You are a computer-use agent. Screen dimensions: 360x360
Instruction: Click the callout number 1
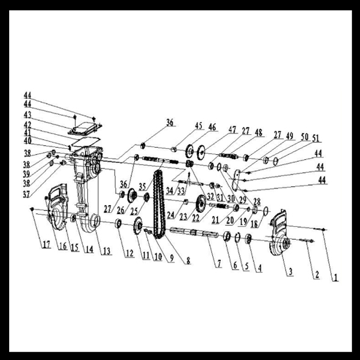coord(336,278)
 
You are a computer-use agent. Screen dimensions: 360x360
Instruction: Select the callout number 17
coord(46,245)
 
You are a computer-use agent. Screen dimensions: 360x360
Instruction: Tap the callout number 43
coord(27,115)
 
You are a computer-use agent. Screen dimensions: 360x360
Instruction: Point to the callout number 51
coord(315,139)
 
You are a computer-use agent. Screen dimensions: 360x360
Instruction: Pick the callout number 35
coord(142,187)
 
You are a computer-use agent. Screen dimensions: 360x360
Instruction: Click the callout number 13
coord(107,251)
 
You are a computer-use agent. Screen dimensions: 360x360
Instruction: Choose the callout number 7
coord(219,264)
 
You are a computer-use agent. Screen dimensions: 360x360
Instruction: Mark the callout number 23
coord(184,217)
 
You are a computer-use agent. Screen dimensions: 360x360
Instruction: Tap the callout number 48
coord(259,132)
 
